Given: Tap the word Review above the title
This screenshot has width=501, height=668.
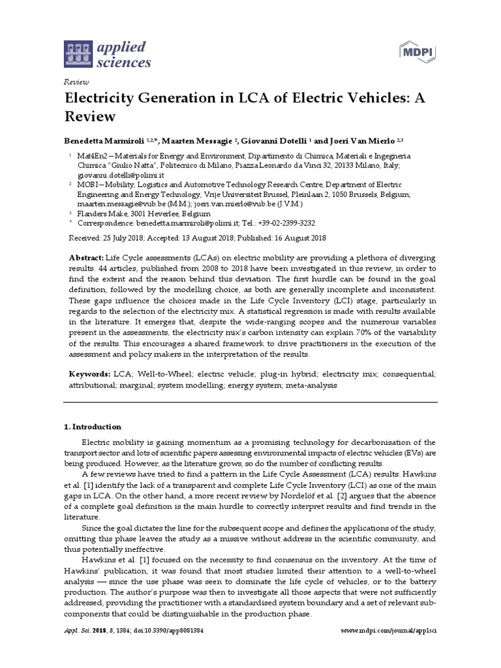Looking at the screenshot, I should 75,82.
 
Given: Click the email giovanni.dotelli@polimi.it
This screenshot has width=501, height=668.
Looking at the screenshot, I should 121,175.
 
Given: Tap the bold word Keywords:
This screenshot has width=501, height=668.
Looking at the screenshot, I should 89,375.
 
